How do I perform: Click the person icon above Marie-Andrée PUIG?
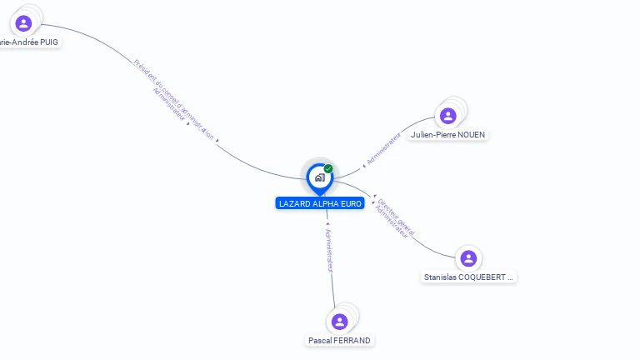click(23, 23)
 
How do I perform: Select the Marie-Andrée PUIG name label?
click(30, 42)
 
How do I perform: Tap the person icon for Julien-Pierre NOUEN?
click(448, 116)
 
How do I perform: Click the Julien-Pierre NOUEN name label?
click(448, 134)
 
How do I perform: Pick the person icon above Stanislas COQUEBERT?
click(468, 258)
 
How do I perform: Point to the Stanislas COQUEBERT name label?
click(468, 277)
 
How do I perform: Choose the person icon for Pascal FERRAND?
click(339, 322)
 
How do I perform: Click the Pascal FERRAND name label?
click(339, 340)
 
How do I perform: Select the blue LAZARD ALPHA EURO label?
click(320, 203)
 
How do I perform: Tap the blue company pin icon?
click(319, 177)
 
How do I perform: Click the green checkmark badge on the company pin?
click(328, 168)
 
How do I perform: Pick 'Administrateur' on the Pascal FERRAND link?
click(328, 249)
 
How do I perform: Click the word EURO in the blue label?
click(349, 203)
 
